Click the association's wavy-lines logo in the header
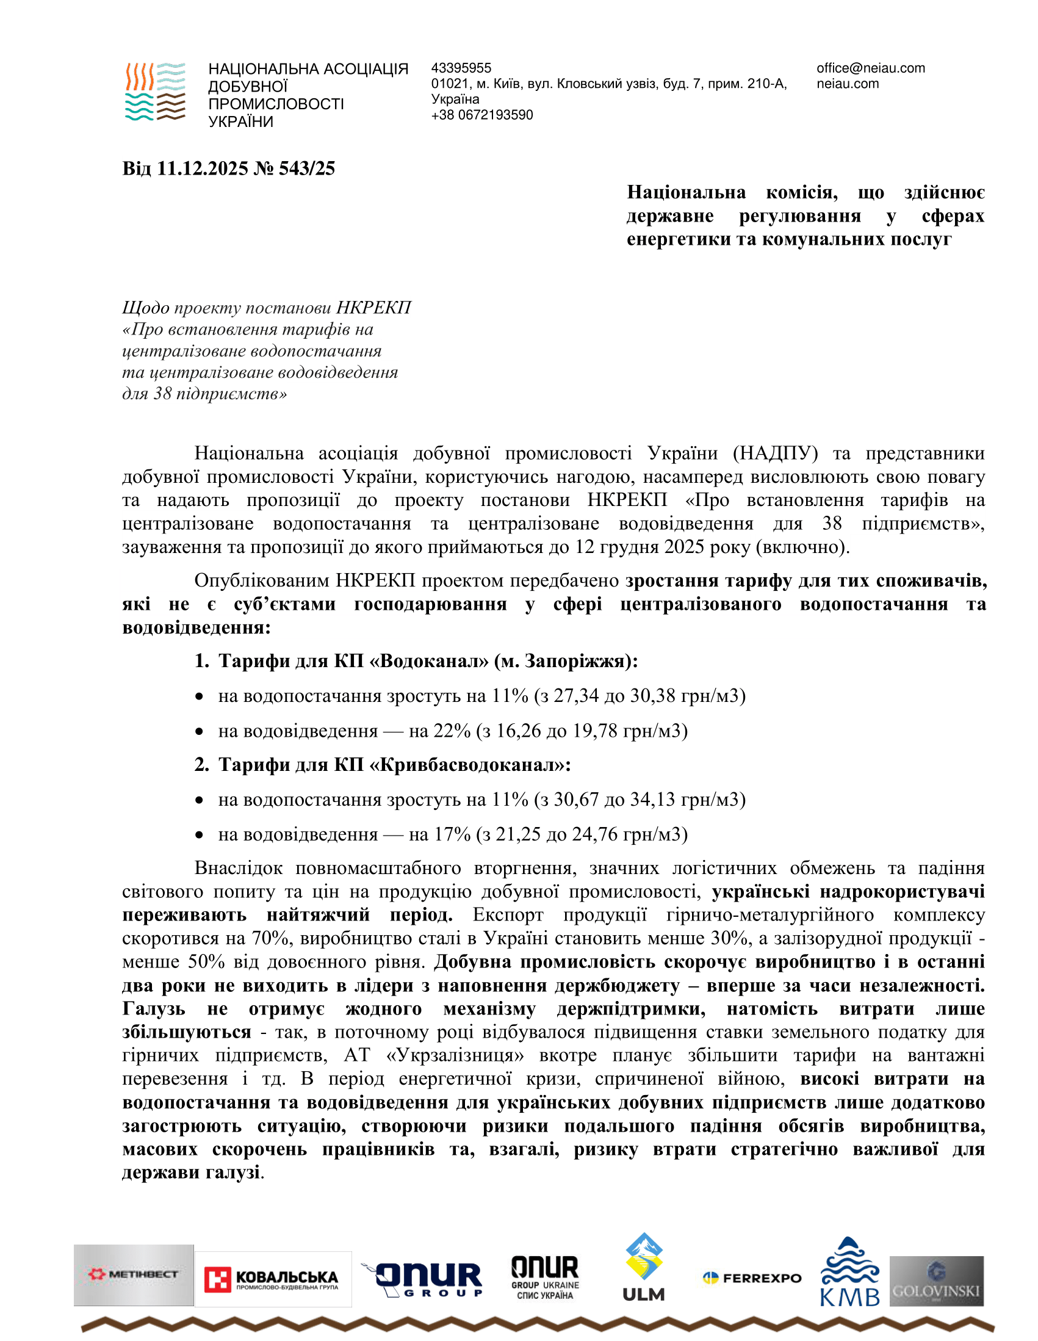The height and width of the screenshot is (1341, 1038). [x=155, y=92]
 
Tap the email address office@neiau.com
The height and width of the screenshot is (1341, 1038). [x=870, y=68]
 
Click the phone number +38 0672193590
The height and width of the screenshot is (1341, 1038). [x=482, y=115]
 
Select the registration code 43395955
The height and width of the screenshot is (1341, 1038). [x=461, y=68]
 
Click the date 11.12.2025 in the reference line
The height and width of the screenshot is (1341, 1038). [x=203, y=168]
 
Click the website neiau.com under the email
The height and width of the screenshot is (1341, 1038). [x=847, y=84]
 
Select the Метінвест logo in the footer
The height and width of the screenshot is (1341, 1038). [x=134, y=1274]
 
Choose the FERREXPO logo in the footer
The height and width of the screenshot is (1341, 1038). [x=752, y=1278]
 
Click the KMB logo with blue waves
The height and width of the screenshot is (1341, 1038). [x=849, y=1271]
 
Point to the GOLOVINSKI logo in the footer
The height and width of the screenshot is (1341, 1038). [x=936, y=1281]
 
